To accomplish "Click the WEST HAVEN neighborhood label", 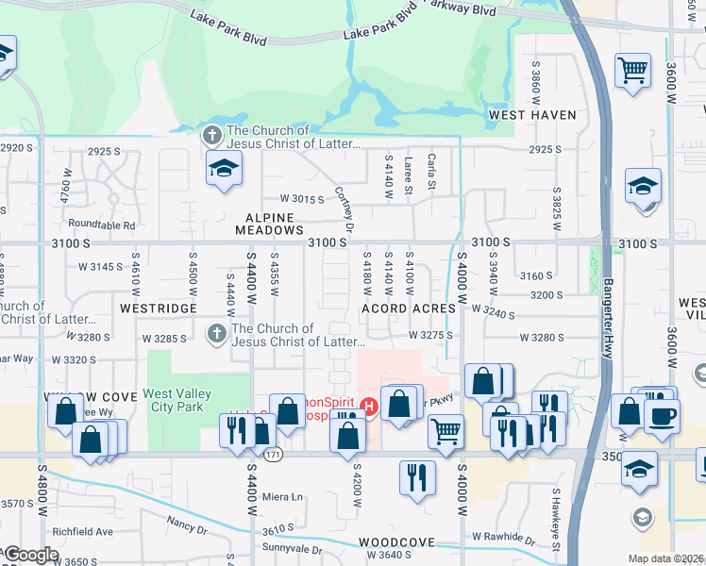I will (x=532, y=115).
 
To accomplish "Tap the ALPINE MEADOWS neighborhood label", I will (x=269, y=223).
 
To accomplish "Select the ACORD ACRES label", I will (x=409, y=308).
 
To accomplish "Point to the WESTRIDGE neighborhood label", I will (x=159, y=308).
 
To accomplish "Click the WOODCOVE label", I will (x=396, y=543).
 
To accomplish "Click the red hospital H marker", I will (x=369, y=408).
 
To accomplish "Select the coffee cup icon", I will (x=662, y=415).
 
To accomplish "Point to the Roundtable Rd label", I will (x=102, y=225).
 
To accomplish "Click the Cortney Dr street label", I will (x=344, y=209).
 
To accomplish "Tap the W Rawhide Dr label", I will (x=511, y=536).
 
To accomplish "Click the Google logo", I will (x=30, y=555).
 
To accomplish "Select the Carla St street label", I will (x=431, y=172).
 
